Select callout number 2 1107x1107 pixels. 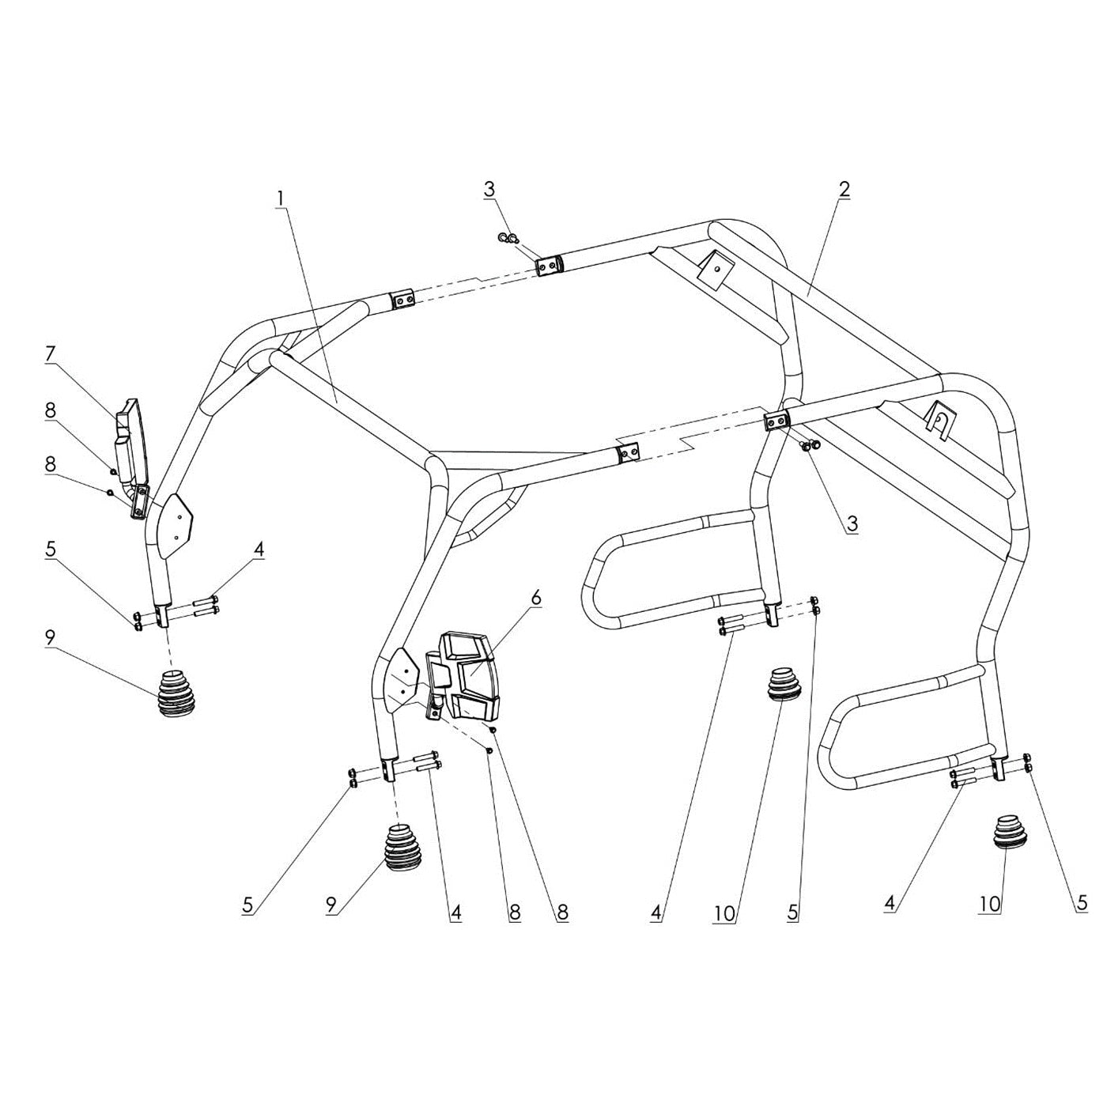coord(844,189)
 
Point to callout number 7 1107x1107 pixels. coord(50,353)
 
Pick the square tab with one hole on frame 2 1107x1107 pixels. coord(714,272)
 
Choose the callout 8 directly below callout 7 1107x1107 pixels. coord(50,410)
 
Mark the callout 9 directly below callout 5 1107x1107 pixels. coord(50,637)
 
